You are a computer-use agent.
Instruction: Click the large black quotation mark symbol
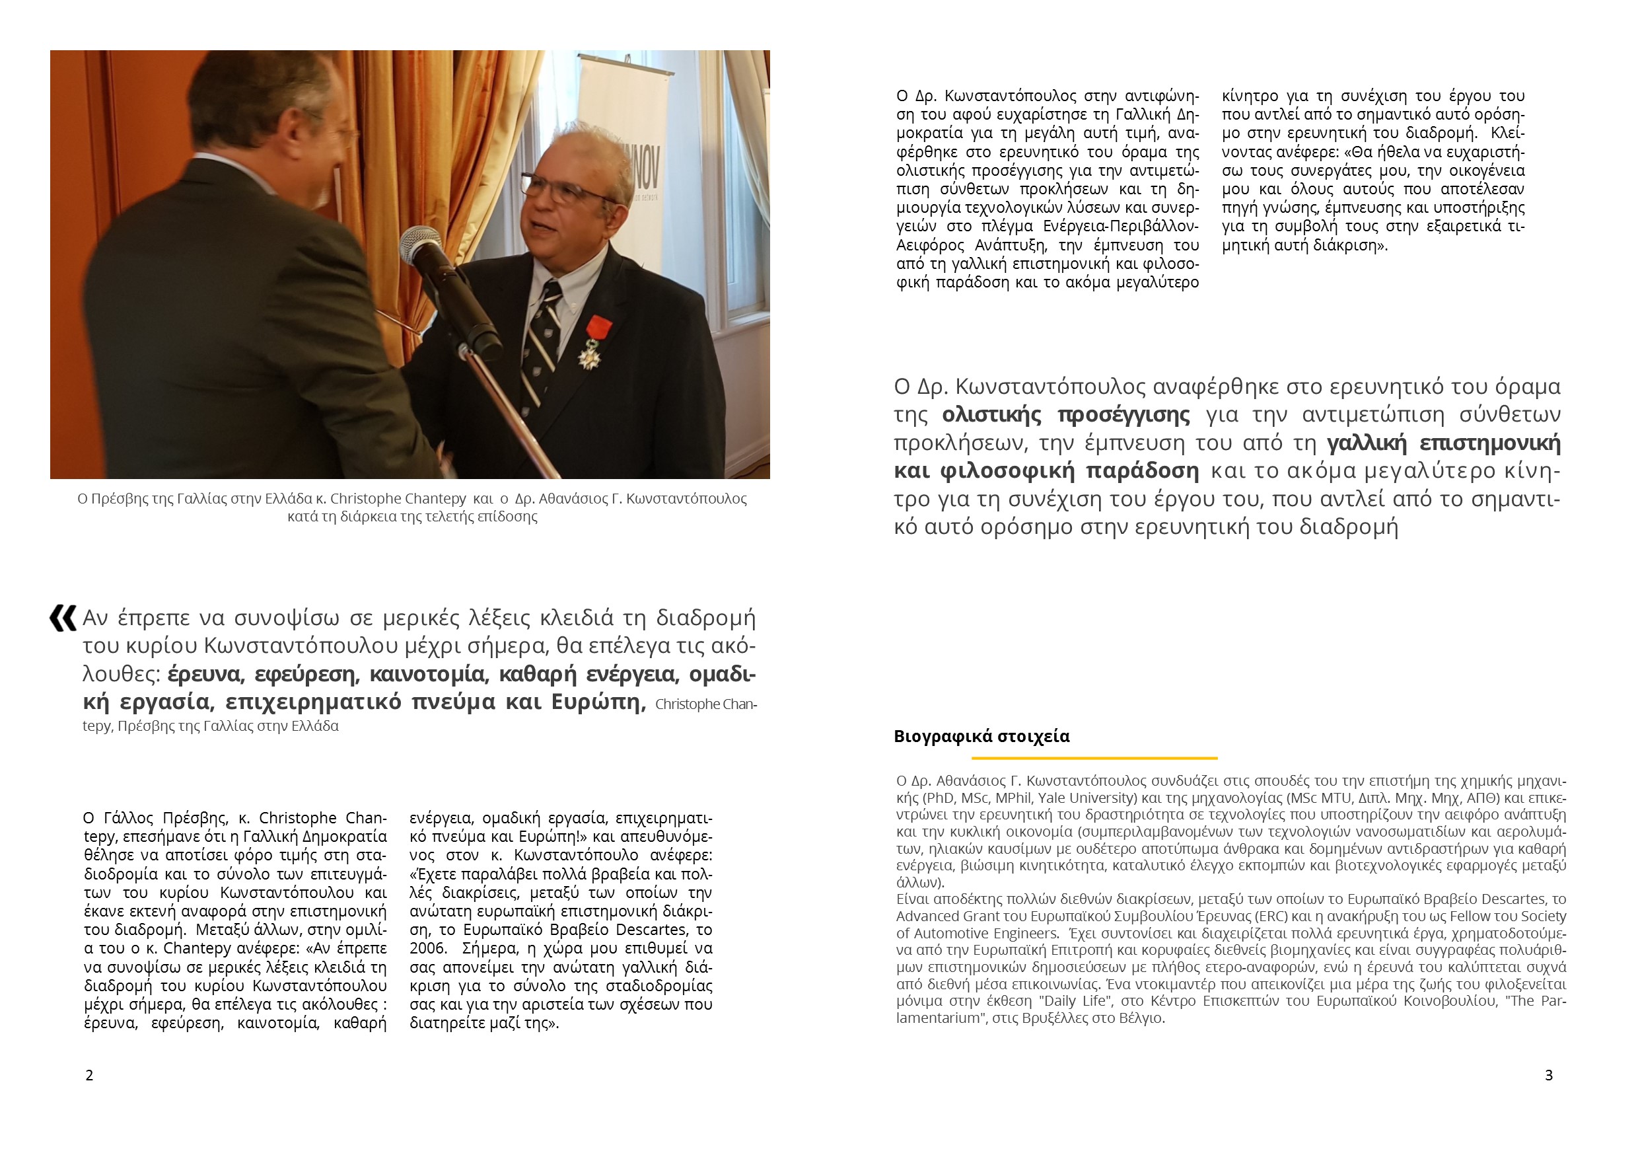pyautogui.click(x=63, y=618)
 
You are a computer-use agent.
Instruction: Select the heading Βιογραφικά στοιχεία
pyautogui.click(x=981, y=737)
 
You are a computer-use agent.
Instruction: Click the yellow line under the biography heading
pyautogui.click(x=1094, y=758)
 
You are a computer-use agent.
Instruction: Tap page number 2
pyautogui.click(x=89, y=1076)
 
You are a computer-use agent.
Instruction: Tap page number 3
pyautogui.click(x=1548, y=1076)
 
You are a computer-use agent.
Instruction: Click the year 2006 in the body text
pyautogui.click(x=425, y=948)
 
